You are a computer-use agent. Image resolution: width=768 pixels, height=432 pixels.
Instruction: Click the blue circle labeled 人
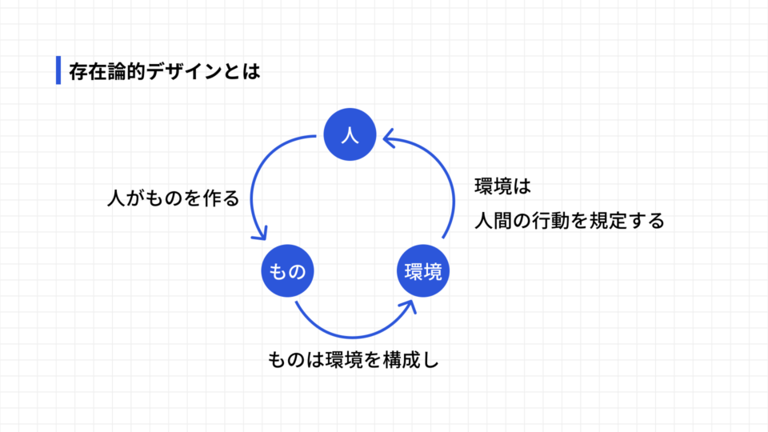point(349,135)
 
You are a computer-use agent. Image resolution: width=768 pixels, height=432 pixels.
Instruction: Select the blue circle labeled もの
point(286,272)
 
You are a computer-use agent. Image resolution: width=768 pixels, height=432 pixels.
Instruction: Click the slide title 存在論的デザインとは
point(165,71)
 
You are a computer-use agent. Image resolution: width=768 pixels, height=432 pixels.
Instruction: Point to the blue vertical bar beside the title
point(58,70)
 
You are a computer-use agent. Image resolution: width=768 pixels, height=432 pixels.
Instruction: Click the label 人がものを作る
point(173,198)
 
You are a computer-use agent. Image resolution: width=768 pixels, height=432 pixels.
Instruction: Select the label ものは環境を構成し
point(354,360)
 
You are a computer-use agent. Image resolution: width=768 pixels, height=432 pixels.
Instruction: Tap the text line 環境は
point(503,186)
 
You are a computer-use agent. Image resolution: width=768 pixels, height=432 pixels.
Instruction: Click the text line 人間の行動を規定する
point(569,222)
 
